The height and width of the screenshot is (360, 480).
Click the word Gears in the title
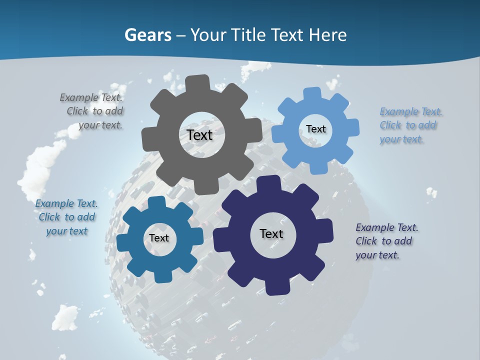pos(147,35)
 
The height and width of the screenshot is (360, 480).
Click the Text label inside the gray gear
pos(199,135)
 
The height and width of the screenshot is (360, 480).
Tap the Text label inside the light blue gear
pos(315,129)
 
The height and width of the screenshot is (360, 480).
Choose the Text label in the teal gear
pos(159,238)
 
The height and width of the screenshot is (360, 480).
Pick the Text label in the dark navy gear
pos(271,233)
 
